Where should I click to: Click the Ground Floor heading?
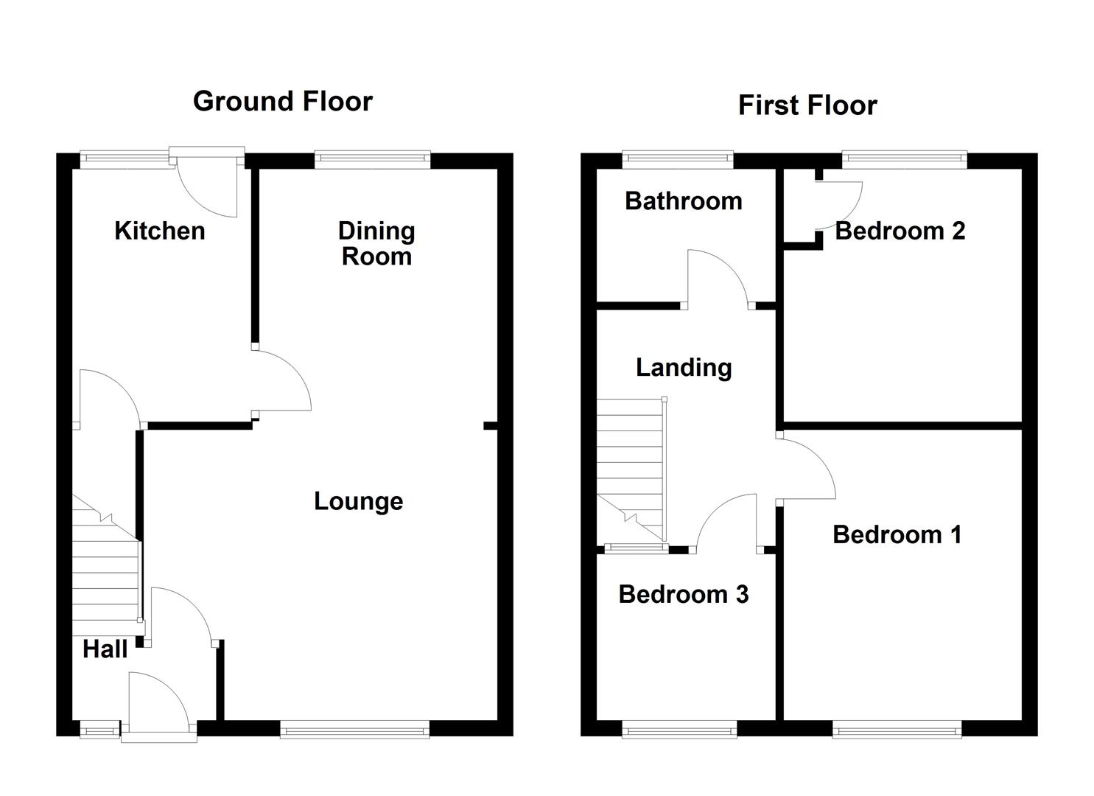282,101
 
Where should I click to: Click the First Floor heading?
807,105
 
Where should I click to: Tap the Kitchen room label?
159,231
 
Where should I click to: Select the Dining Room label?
376,243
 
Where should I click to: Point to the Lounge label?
358,501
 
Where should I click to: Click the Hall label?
105,649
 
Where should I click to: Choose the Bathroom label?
683,201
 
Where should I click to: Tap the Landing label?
684,367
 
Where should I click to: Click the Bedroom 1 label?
897,534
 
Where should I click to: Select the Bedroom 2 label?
900,231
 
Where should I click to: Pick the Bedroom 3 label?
683,594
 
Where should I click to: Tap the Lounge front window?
354,730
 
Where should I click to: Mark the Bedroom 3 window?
679,730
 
